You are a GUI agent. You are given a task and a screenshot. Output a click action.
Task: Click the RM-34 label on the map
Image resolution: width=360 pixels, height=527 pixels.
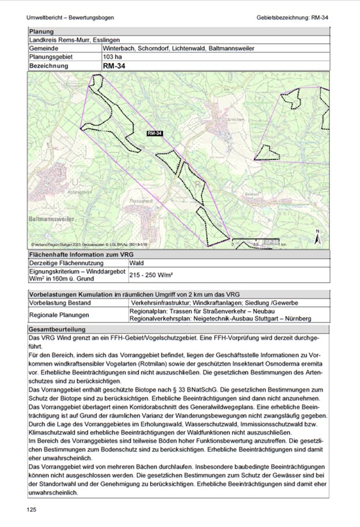[155, 133]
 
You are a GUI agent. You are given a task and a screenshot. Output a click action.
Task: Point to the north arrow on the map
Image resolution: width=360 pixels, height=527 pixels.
[317, 237]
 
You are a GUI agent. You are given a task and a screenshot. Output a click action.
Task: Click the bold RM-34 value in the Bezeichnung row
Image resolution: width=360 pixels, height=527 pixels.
[114, 66]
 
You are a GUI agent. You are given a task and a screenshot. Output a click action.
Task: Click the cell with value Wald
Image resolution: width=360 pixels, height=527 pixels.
[137, 263]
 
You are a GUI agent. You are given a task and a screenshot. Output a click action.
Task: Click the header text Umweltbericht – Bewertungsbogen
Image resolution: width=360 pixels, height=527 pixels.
[66, 17]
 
